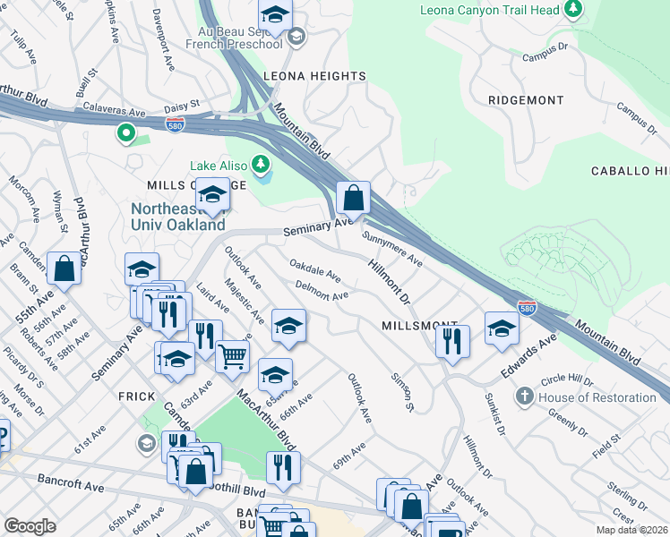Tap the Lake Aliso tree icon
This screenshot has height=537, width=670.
[x=261, y=165]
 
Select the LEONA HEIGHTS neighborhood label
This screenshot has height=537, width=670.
[x=314, y=76]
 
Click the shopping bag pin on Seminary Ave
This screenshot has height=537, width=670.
[x=354, y=197]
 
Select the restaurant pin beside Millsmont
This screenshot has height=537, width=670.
[x=453, y=340]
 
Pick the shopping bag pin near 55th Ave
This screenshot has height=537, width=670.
[x=64, y=268]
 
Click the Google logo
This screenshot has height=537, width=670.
[x=30, y=525]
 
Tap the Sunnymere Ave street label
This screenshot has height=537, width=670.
[x=392, y=249]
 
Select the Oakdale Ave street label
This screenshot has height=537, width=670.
[x=314, y=268]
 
